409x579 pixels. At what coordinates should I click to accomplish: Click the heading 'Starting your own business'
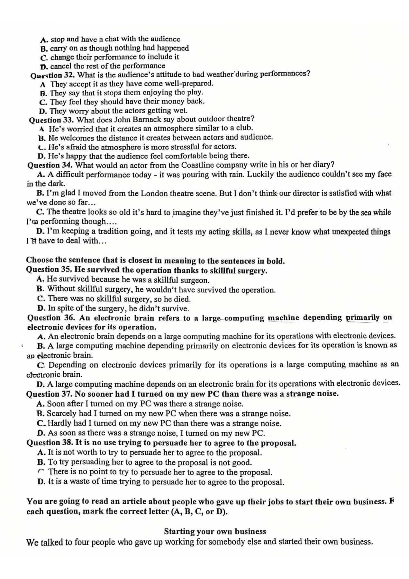click(x=215, y=531)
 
